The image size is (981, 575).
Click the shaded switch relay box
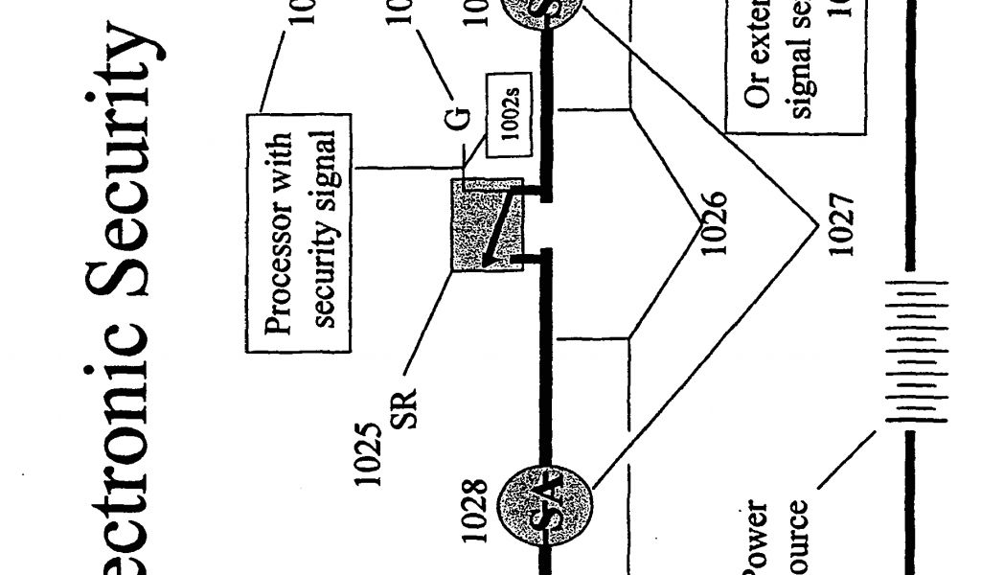click(486, 223)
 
